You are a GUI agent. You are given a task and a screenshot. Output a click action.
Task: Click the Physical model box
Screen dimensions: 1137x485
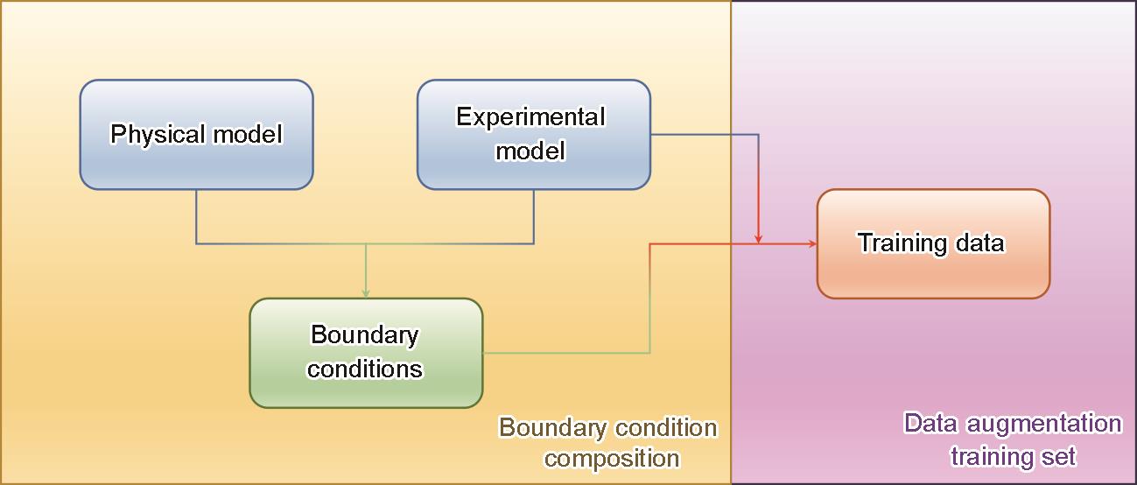[196, 135]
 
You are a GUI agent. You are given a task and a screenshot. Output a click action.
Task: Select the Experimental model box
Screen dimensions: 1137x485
[534, 135]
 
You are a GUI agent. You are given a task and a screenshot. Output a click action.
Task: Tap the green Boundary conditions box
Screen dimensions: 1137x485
[366, 353]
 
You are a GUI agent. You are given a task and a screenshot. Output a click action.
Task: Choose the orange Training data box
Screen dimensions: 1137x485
[933, 243]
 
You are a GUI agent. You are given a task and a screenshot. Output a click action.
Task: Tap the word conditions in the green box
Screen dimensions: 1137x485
[365, 369]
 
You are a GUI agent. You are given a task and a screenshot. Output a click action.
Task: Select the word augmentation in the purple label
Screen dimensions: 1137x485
[1043, 424]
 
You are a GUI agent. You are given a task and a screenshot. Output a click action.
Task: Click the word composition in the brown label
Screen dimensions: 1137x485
[612, 459]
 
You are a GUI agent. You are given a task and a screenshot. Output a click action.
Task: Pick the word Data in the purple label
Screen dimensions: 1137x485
[930, 423]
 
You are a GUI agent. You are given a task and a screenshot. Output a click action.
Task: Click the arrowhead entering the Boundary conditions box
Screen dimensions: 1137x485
[366, 293]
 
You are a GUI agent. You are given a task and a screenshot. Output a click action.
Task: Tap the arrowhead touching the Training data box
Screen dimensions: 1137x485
[812, 243]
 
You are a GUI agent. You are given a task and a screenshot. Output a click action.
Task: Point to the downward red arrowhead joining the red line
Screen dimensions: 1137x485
[758, 238]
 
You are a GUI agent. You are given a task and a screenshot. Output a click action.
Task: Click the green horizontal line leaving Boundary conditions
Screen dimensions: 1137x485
[566, 353]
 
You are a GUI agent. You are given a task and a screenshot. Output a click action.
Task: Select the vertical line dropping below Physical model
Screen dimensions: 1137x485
[196, 217]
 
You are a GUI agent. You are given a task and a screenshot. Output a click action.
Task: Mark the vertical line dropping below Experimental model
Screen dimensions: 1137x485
[534, 217]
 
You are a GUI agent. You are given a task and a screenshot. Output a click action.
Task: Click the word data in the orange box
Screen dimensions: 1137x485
[980, 242]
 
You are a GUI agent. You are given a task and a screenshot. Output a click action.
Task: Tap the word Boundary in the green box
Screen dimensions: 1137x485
[364, 335]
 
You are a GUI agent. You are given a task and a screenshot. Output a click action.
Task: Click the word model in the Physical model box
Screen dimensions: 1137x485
[248, 135]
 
